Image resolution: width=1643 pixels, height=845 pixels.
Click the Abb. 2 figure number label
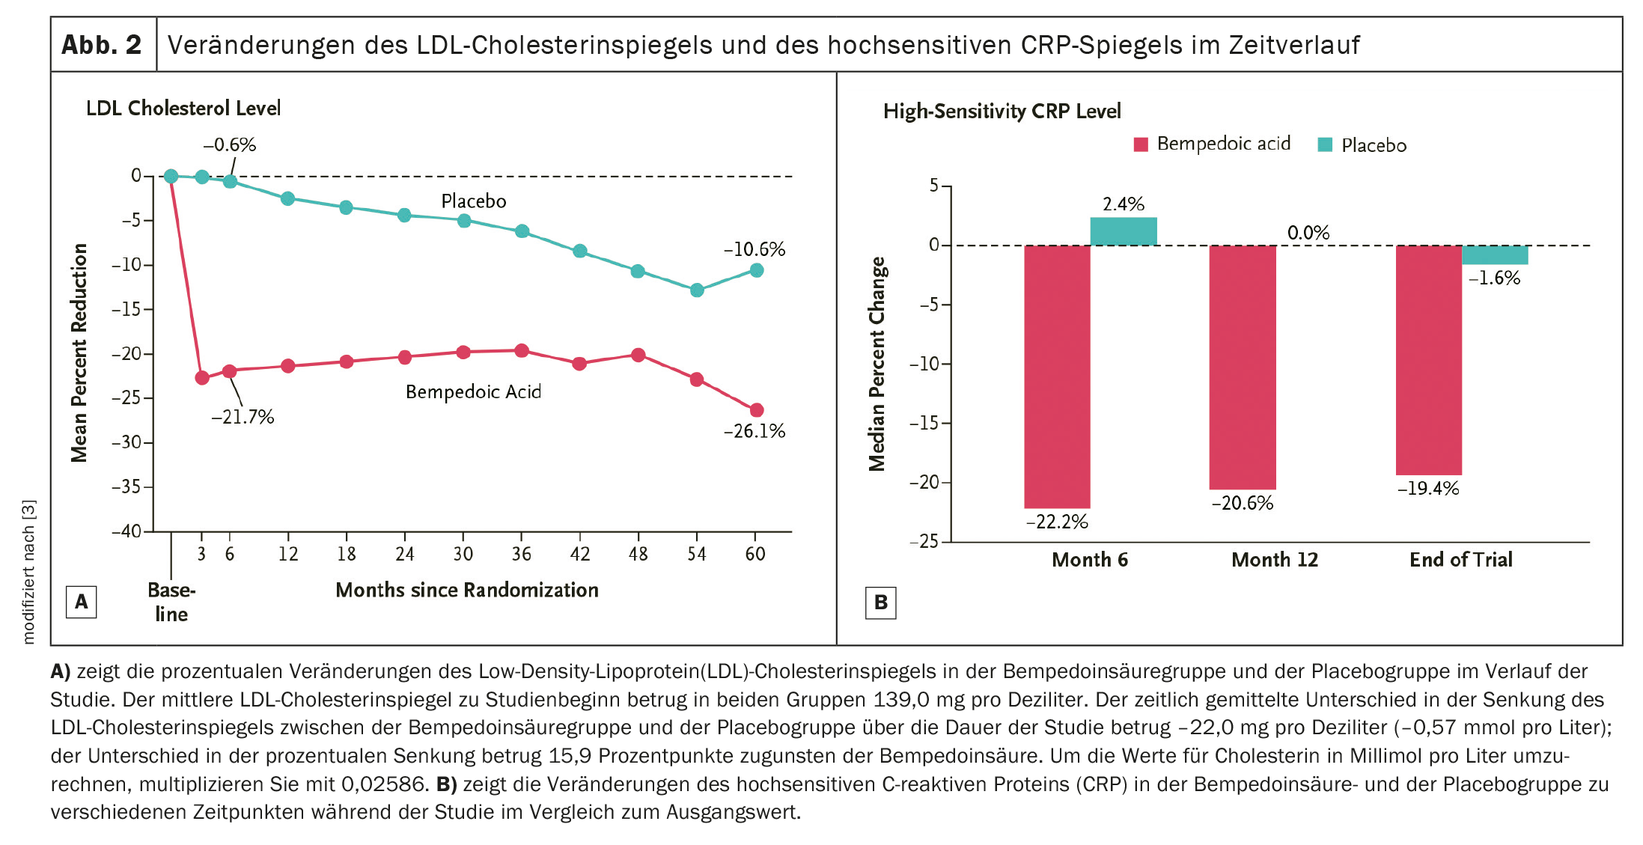[102, 45]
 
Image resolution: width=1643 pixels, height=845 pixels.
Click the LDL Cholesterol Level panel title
[183, 109]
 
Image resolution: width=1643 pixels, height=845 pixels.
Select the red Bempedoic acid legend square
[1141, 144]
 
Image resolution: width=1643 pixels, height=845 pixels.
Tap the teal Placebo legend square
[1325, 145]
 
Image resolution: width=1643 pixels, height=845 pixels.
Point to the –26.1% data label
[754, 431]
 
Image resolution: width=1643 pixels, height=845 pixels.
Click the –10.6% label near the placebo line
[754, 249]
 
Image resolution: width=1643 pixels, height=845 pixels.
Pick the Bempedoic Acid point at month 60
[757, 410]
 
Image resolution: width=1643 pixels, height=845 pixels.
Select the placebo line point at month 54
[697, 290]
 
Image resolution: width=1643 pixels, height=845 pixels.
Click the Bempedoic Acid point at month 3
[202, 378]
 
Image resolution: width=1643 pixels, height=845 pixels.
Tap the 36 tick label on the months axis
[522, 555]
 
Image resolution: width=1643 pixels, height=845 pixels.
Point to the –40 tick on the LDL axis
[126, 531]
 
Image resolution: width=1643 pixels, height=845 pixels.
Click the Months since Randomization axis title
[467, 591]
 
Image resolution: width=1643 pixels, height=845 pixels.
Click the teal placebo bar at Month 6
[1123, 231]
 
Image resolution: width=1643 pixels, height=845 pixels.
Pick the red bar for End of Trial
[1428, 360]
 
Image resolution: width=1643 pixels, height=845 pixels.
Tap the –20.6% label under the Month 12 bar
[1242, 504]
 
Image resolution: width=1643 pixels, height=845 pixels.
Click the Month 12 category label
[1275, 560]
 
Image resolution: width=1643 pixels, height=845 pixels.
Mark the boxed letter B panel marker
[880, 603]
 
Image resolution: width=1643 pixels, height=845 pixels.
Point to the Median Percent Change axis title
[877, 364]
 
